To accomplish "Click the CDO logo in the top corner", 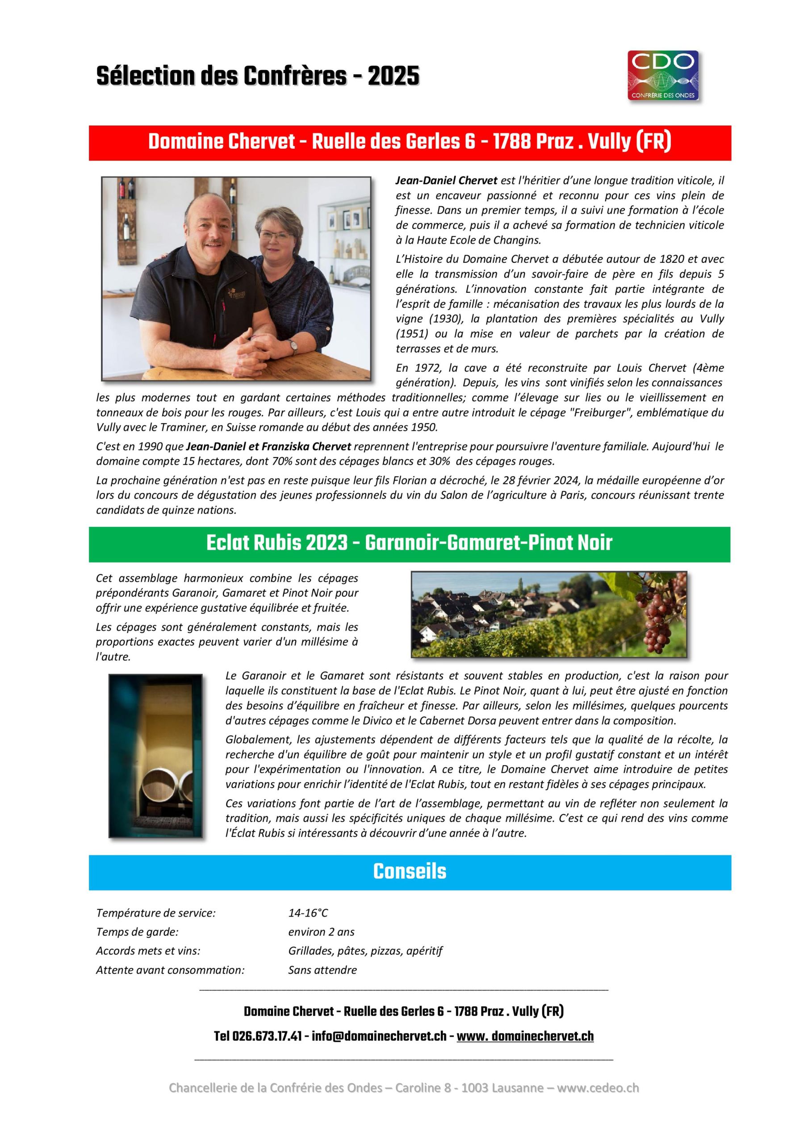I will pyautogui.click(x=663, y=75).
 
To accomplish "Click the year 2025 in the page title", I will pyautogui.click(x=393, y=77).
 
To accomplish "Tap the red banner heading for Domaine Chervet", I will pyautogui.click(x=410, y=143).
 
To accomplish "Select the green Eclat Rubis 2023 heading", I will pyautogui.click(x=410, y=543).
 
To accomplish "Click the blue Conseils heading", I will pyautogui.click(x=410, y=871).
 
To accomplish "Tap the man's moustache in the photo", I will pyautogui.click(x=213, y=243).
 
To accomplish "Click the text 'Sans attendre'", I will pyautogui.click(x=322, y=970).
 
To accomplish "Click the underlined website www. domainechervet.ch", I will pyautogui.click(x=525, y=1036).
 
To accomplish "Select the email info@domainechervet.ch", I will pyautogui.click(x=379, y=1036).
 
